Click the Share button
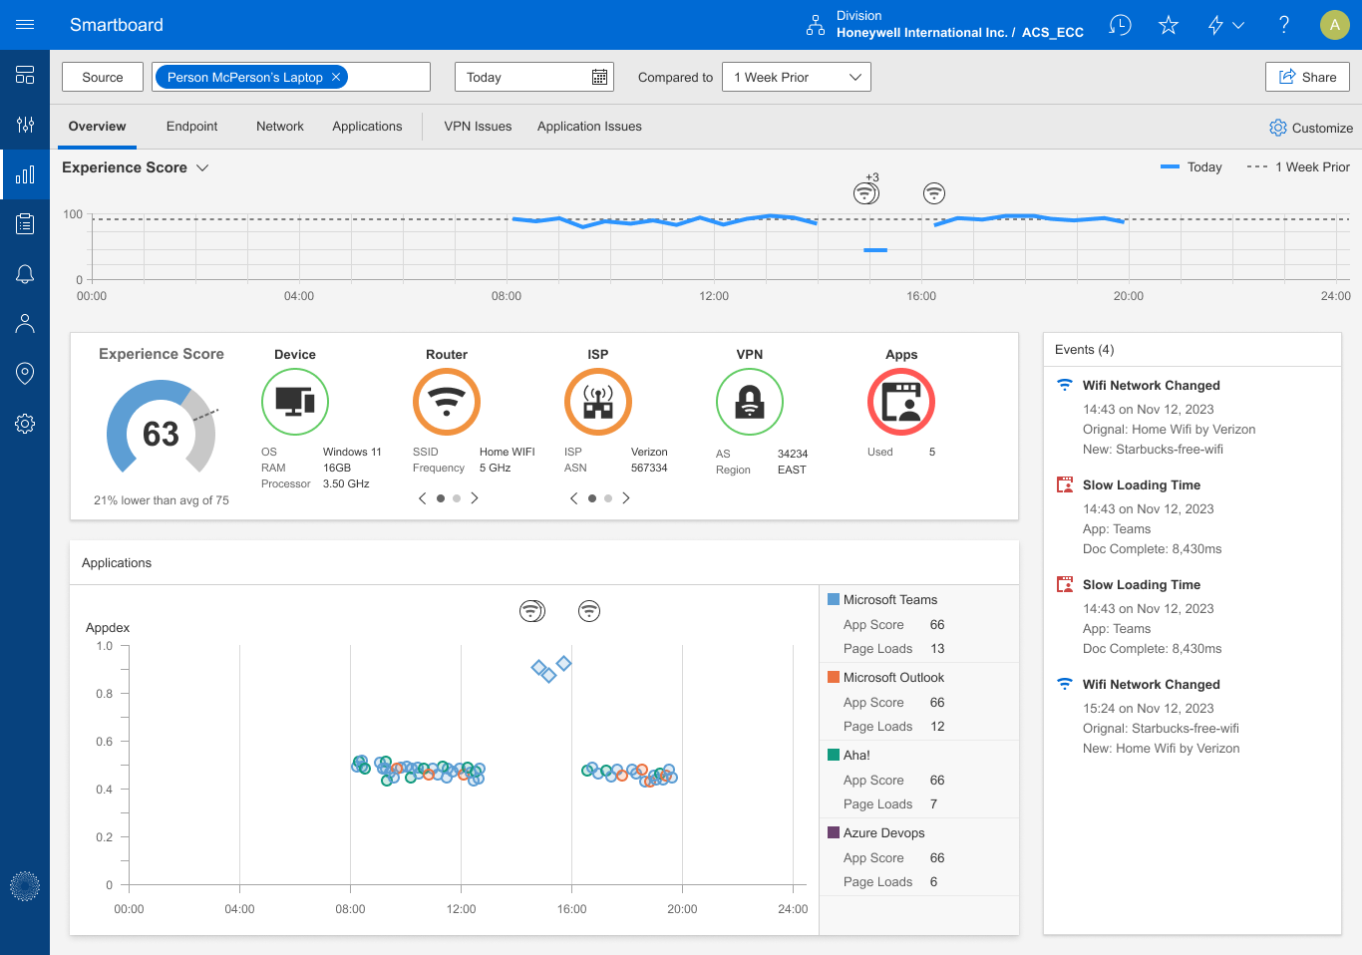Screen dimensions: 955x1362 pyautogui.click(x=1307, y=77)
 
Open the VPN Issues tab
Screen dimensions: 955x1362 pyautogui.click(x=478, y=127)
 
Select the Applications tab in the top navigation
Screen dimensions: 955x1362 pyautogui.click(x=367, y=127)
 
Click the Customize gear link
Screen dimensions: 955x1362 pyautogui.click(x=1310, y=128)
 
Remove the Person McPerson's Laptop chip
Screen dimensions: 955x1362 pyautogui.click(x=336, y=77)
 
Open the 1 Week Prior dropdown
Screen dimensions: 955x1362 pyautogui.click(x=796, y=77)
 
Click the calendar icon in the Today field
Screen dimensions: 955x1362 pyautogui.click(x=599, y=77)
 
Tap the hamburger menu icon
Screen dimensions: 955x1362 pyautogui.click(x=25, y=25)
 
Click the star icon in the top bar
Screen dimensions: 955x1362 pyautogui.click(x=1169, y=25)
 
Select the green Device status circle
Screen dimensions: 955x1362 pyautogui.click(x=295, y=402)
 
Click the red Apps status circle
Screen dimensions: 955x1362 pyautogui.click(x=901, y=402)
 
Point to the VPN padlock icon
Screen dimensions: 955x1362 pyautogui.click(x=750, y=402)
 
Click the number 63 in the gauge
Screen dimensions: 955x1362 pyautogui.click(x=161, y=434)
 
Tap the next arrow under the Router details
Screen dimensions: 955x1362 pyautogui.click(x=475, y=498)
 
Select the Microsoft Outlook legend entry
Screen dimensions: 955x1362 pyautogui.click(x=892, y=678)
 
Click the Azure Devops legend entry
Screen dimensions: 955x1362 pyautogui.click(x=883, y=833)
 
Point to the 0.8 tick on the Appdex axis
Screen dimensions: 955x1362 pyautogui.click(x=105, y=694)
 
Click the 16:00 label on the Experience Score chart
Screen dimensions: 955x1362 pyautogui.click(x=921, y=296)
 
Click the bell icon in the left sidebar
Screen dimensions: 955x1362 pyautogui.click(x=25, y=274)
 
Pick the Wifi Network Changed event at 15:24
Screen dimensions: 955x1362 pyautogui.click(x=1151, y=685)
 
